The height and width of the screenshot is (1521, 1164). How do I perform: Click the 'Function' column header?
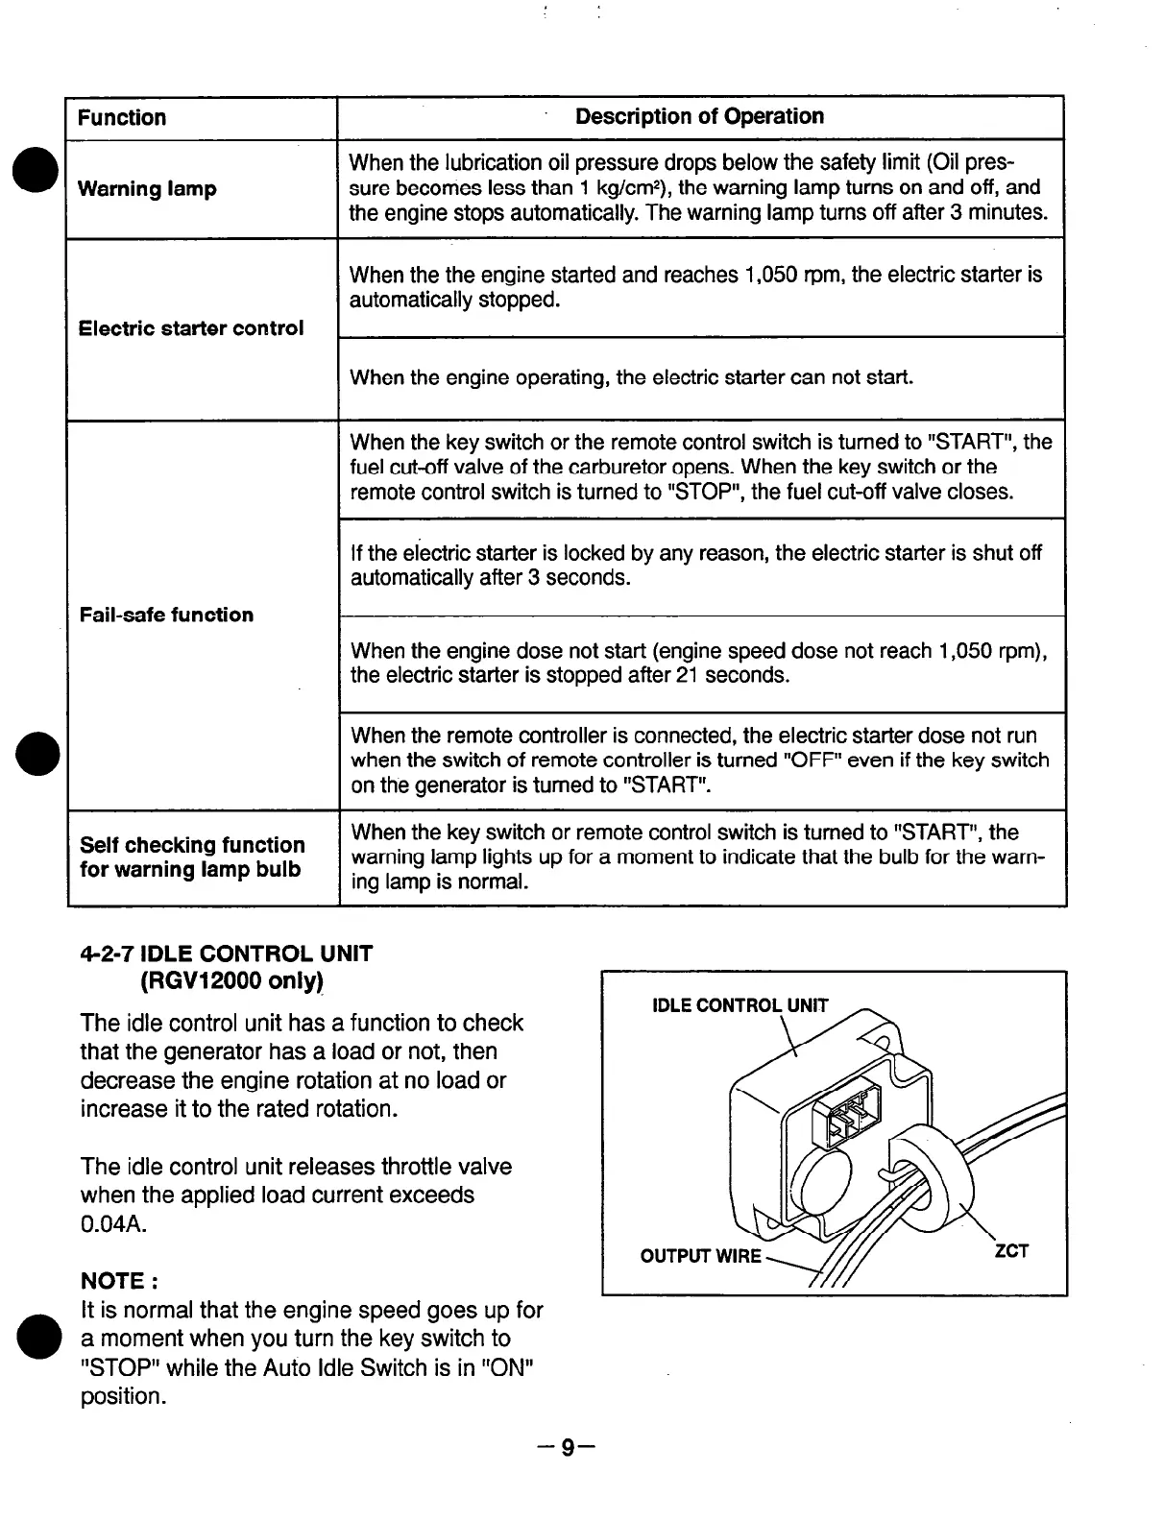tap(122, 117)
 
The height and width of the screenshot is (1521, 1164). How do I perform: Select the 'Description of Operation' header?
tap(699, 116)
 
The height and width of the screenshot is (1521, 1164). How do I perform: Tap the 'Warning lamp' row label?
tap(147, 188)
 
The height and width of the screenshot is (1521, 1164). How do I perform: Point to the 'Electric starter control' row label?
tap(191, 328)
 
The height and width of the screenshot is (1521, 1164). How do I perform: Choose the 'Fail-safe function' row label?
tap(167, 615)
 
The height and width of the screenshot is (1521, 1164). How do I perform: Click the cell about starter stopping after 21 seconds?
tap(699, 664)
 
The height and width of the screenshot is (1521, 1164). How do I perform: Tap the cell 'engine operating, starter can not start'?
tap(631, 377)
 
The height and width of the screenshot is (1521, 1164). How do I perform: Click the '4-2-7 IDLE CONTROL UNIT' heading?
tap(227, 954)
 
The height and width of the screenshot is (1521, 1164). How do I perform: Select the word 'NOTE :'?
tap(118, 1281)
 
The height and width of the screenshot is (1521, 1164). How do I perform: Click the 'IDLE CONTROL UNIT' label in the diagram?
tap(740, 1005)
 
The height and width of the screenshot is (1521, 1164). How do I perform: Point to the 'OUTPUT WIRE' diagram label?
tap(701, 1256)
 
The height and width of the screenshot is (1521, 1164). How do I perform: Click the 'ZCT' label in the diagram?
tap(1010, 1250)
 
